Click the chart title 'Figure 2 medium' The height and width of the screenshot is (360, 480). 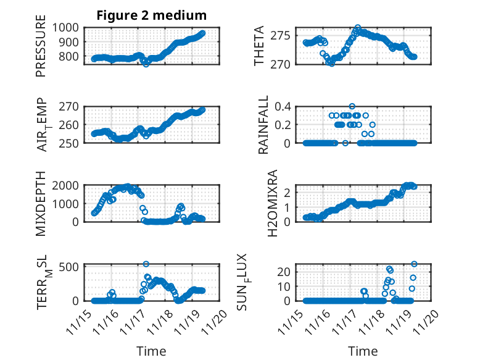[151, 15]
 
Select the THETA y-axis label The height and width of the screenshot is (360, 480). [260, 46]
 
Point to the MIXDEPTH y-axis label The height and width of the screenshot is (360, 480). [41, 203]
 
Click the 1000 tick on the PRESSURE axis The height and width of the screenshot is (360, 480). [67, 27]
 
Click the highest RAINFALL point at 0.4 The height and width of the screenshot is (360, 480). [352, 106]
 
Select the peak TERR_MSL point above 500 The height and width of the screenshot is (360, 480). [146, 264]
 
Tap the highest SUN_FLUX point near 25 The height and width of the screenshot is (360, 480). [414, 264]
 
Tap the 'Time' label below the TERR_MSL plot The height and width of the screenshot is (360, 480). [151, 351]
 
